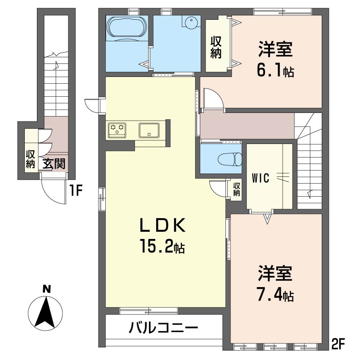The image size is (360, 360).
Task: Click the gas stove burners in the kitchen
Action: [118, 130]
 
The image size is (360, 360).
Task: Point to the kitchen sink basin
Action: [148, 130]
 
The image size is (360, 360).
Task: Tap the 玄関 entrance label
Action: [54, 163]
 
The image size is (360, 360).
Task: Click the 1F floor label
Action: [76, 192]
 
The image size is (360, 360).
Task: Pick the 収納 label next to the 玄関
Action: [31, 159]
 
